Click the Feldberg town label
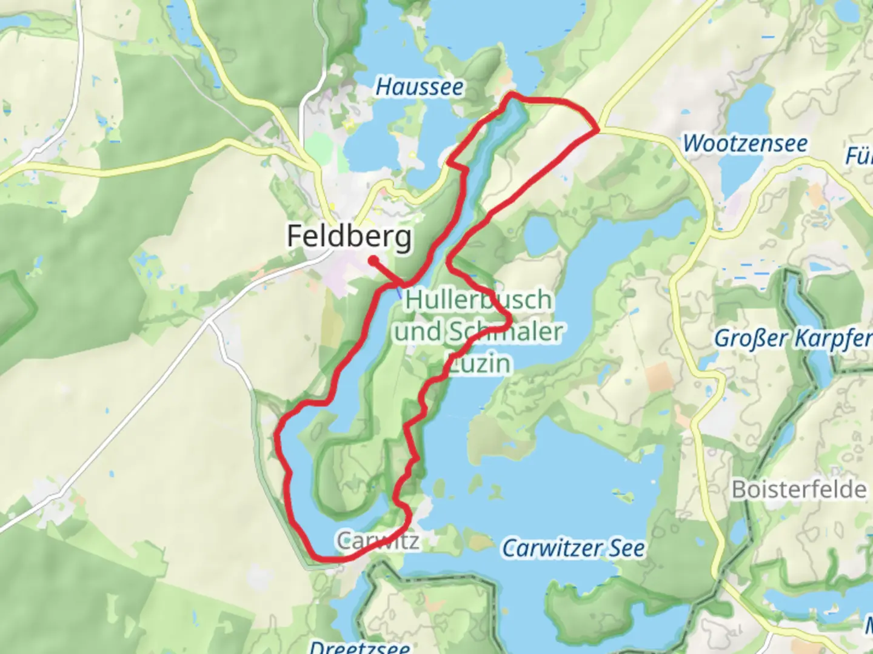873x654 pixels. (349, 237)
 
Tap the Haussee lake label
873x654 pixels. (420, 87)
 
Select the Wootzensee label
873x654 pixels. (745, 144)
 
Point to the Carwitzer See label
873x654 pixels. (574, 549)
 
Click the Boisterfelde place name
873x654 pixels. (799, 489)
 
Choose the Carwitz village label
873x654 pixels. (378, 540)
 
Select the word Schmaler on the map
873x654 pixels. (506, 332)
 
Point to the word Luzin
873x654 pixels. (479, 364)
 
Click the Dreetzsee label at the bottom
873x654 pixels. (360, 647)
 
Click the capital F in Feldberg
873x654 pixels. (295, 236)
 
